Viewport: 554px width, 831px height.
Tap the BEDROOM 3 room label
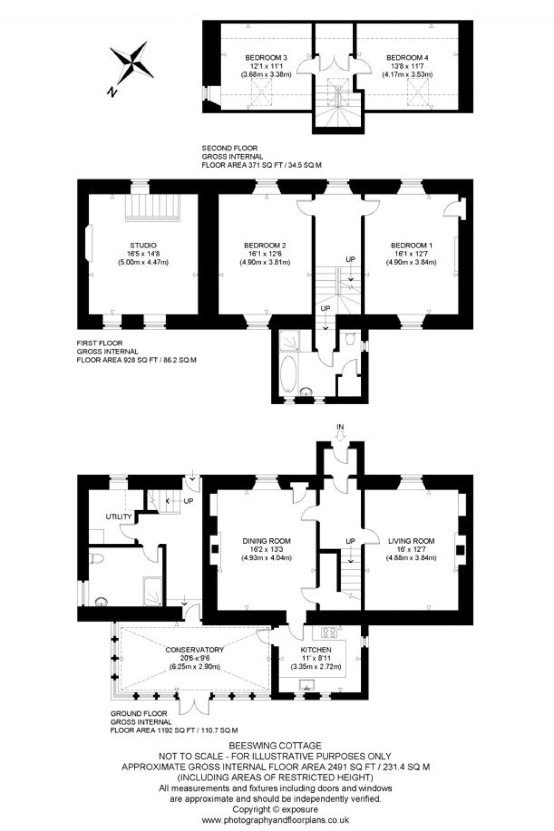[266, 57]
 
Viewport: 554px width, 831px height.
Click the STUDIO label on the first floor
[143, 245]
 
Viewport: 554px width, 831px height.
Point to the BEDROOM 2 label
[265, 245]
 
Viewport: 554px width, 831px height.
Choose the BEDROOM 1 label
[411, 245]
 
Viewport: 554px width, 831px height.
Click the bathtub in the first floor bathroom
[288, 374]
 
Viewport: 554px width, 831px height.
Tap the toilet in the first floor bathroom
[349, 340]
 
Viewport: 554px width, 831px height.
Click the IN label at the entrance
[340, 427]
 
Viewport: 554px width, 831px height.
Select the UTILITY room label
[118, 517]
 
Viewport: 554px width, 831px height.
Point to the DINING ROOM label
[266, 540]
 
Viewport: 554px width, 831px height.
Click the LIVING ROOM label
[411, 540]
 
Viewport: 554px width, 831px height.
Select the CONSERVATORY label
[194, 650]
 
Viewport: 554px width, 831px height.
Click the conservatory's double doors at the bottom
[194, 703]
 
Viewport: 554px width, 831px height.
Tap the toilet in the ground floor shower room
[96, 558]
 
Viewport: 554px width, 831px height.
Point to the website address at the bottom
[275, 820]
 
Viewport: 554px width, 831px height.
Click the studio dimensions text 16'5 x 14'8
[143, 254]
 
